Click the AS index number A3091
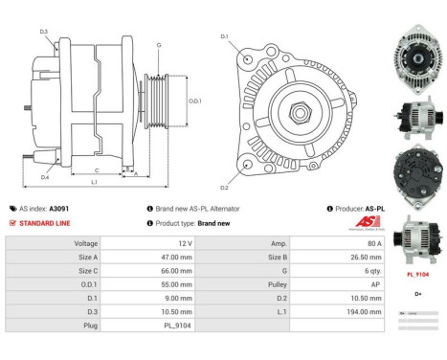click(59, 208)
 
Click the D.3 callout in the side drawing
click(44, 32)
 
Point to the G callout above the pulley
click(159, 45)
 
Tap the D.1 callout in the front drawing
click(225, 36)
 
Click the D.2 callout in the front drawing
click(224, 187)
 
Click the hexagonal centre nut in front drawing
click(303, 112)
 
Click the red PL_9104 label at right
click(414, 273)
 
